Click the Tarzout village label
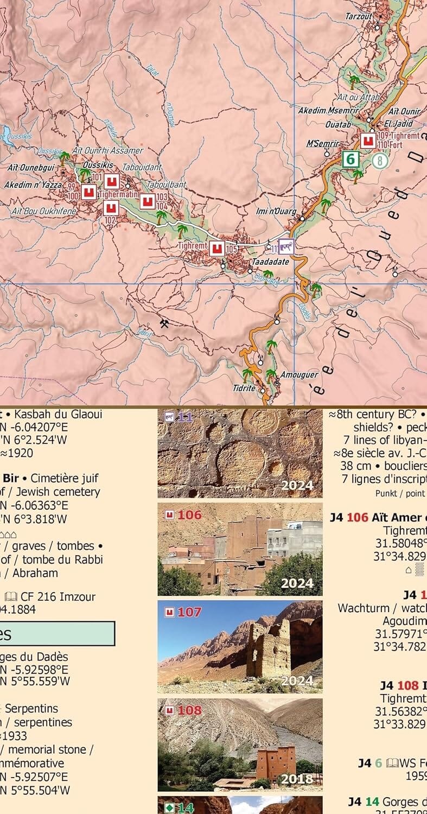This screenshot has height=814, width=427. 359,17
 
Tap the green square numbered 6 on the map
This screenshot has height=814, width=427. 351,159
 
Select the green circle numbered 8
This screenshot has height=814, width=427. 380,161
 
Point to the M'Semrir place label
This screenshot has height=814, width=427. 323,144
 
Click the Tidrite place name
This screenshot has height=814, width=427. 244,389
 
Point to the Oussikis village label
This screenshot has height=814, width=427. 98,164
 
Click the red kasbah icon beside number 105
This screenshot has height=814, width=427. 217,249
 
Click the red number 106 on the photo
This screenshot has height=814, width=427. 189,514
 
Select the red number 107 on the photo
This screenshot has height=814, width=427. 189,612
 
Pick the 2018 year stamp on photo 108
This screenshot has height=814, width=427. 297,779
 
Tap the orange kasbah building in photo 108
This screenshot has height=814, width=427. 276,762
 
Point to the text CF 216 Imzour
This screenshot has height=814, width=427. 58,596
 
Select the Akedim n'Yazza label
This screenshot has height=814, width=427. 33,185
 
